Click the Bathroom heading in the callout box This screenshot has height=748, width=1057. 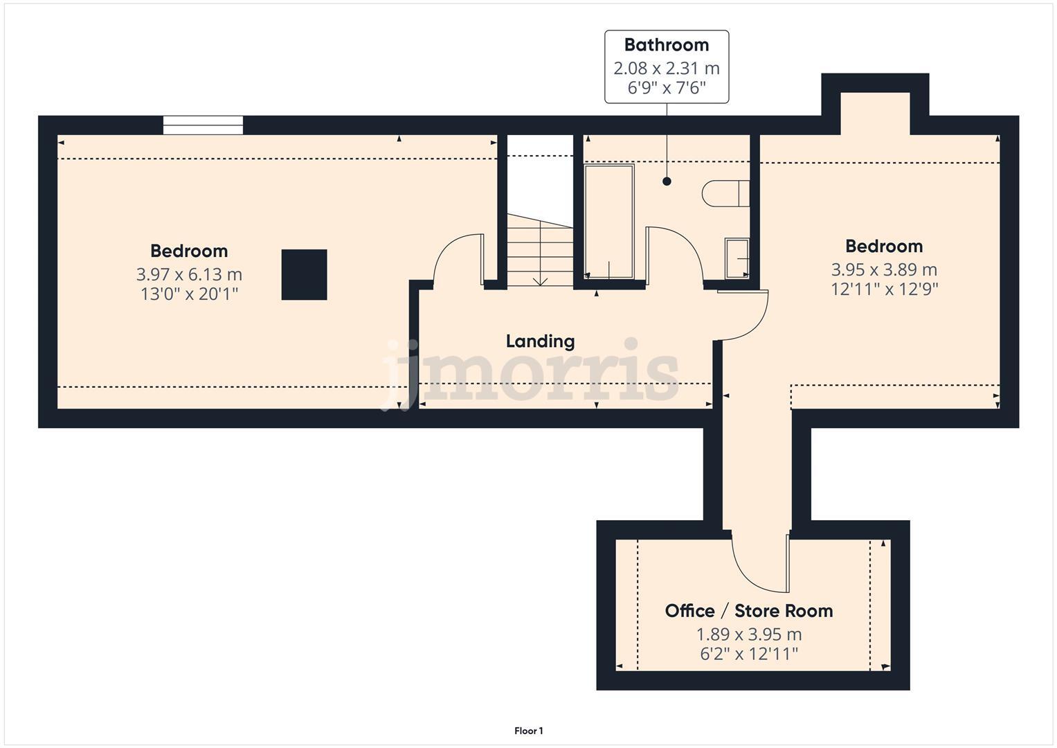click(x=666, y=45)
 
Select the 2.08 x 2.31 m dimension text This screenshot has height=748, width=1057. click(x=666, y=69)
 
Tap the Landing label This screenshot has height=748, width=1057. click(x=540, y=341)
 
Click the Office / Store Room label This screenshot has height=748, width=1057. click(x=748, y=611)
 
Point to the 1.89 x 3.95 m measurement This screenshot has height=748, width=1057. click(x=748, y=634)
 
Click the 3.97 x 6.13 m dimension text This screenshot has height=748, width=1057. click(x=189, y=274)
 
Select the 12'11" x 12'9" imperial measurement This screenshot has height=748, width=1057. click(x=884, y=289)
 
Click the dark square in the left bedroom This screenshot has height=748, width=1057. click(x=304, y=275)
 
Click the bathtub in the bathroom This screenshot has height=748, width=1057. click(x=609, y=222)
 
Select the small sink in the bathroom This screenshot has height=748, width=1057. click(x=737, y=258)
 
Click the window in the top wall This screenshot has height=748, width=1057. click(x=203, y=125)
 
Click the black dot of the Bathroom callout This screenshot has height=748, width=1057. click(x=667, y=181)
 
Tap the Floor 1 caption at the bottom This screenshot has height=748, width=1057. click(x=528, y=731)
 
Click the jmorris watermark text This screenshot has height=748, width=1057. click(x=530, y=374)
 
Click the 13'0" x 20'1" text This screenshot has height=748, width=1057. click(x=189, y=294)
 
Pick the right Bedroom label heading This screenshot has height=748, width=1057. click(x=884, y=246)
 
